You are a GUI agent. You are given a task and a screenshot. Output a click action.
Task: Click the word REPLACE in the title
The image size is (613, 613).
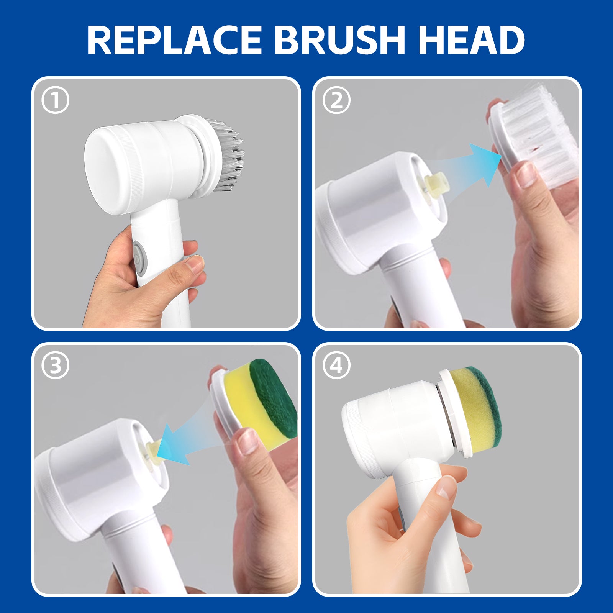pos(174,40)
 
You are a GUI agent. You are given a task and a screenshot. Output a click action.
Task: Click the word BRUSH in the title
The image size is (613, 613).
pos(339,40)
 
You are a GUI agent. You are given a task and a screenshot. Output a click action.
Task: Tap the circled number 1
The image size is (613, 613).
pos(56,100)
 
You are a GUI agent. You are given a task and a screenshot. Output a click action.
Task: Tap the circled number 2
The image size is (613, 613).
pos(336,100)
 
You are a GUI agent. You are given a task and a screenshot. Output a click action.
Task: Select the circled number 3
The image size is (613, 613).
pos(56,366)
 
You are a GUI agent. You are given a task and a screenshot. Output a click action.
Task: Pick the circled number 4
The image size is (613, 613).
pos(336,366)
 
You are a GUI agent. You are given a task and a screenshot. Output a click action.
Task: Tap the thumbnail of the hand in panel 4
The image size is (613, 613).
pos(446,487)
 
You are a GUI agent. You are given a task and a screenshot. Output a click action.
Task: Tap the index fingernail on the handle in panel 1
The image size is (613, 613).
pos(195,264)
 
